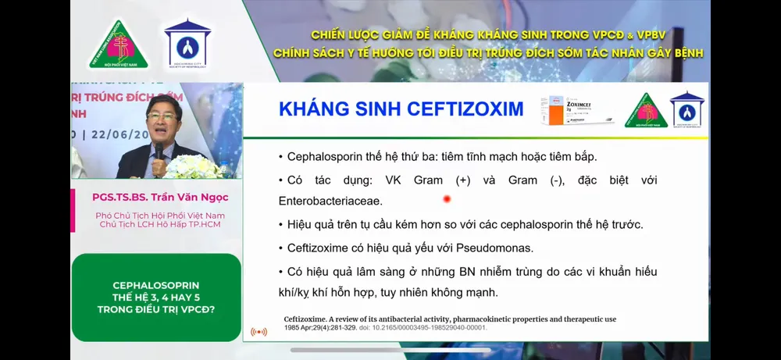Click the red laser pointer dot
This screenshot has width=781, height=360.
pos(447,199)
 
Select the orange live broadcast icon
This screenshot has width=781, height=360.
pos(259,331)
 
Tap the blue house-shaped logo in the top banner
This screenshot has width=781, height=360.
pos(187,43)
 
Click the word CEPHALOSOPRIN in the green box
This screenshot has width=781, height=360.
pos(156,285)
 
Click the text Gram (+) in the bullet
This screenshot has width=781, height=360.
pos(442,180)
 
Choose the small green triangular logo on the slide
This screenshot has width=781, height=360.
pos(646,110)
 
